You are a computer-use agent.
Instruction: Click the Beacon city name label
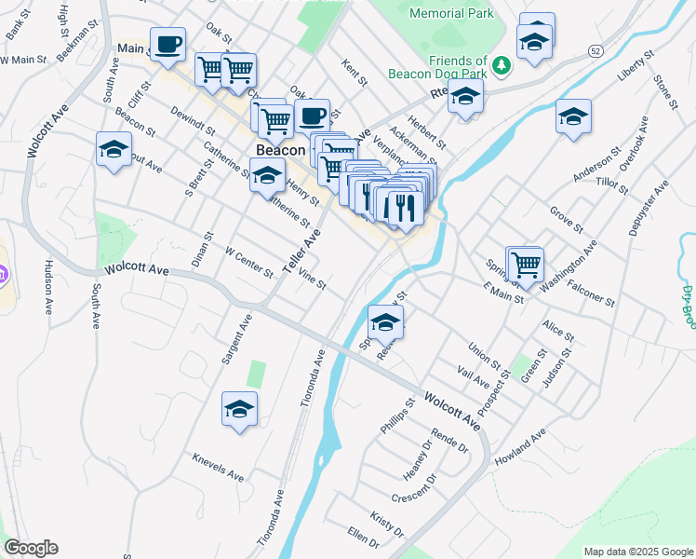(x=280, y=150)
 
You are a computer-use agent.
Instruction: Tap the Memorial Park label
(x=451, y=14)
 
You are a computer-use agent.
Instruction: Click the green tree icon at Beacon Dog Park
(x=502, y=65)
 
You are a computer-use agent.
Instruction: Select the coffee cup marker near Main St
(x=168, y=44)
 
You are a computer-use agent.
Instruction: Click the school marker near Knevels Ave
(x=239, y=409)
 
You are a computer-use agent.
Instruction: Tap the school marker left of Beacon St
(x=114, y=149)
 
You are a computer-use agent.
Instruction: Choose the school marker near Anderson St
(x=573, y=117)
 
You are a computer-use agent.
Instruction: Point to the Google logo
(x=31, y=548)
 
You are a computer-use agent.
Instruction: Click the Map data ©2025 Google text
(x=638, y=552)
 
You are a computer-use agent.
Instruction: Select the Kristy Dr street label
(x=387, y=524)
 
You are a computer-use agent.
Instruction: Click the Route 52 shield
(x=596, y=48)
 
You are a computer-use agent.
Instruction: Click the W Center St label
(x=249, y=262)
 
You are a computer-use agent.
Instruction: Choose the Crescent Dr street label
(x=414, y=490)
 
